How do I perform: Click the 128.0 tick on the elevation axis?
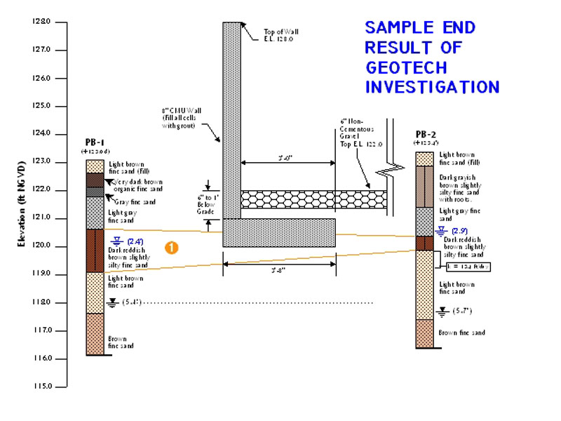coord(41,22)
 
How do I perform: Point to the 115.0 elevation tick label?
coord(41,387)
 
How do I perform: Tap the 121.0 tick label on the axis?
coord(41,218)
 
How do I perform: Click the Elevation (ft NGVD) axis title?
coord(22,203)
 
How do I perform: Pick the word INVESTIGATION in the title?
coord(432,87)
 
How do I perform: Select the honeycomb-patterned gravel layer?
coord(313,199)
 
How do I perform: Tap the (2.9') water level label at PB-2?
coord(459,230)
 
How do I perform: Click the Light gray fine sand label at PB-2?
coord(460,215)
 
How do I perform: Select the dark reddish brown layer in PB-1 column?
coord(95,250)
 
